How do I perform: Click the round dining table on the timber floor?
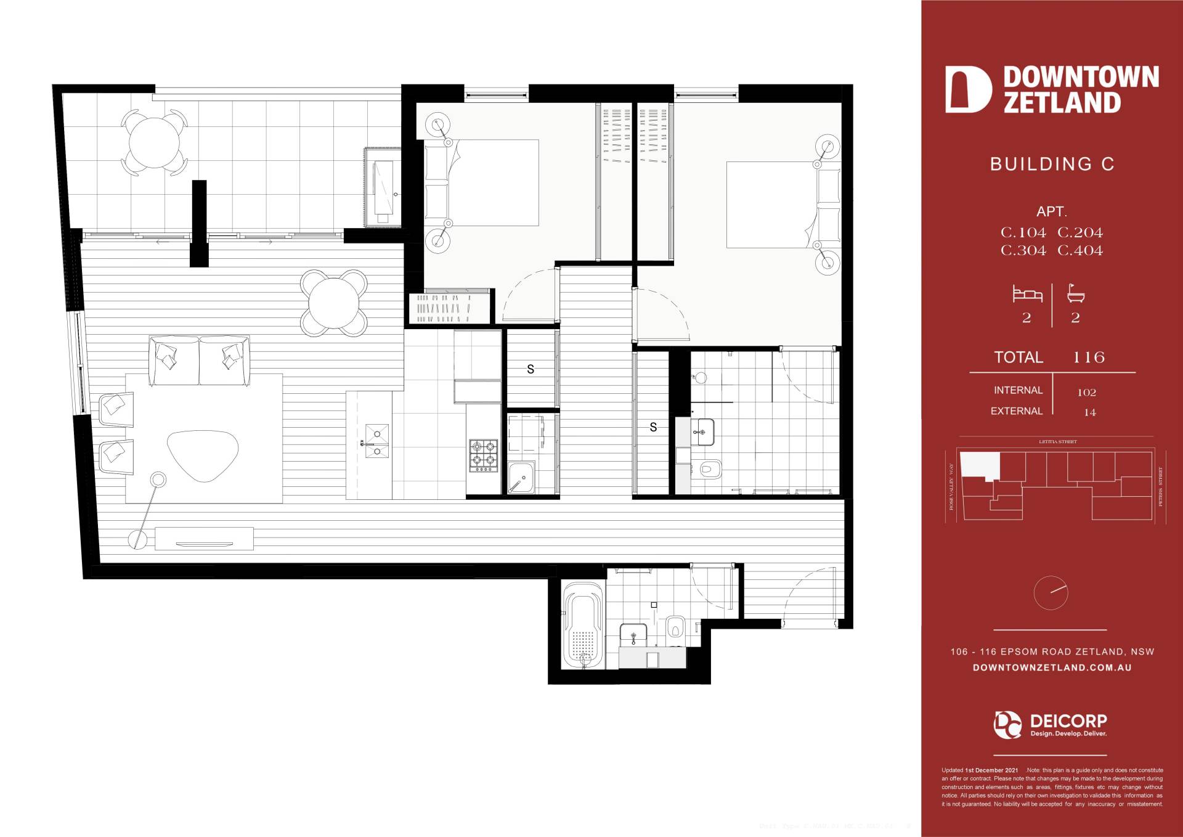click(x=334, y=303)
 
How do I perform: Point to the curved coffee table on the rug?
click(x=203, y=455)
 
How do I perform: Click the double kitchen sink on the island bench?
click(x=376, y=441)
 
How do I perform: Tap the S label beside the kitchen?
click(x=531, y=370)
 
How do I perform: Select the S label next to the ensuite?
click(x=653, y=427)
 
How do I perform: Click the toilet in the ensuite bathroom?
click(x=710, y=470)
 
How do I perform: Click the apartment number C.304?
click(x=1023, y=251)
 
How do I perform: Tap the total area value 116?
click(x=1089, y=357)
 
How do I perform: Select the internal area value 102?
click(x=1086, y=393)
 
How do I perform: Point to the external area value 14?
click(x=1089, y=413)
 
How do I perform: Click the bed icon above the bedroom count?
click(x=1027, y=294)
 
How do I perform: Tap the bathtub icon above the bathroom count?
click(x=1076, y=294)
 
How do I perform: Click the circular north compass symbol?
click(x=1051, y=593)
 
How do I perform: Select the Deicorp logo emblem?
click(x=1007, y=725)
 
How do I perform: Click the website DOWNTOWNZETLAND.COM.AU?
click(x=1052, y=668)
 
